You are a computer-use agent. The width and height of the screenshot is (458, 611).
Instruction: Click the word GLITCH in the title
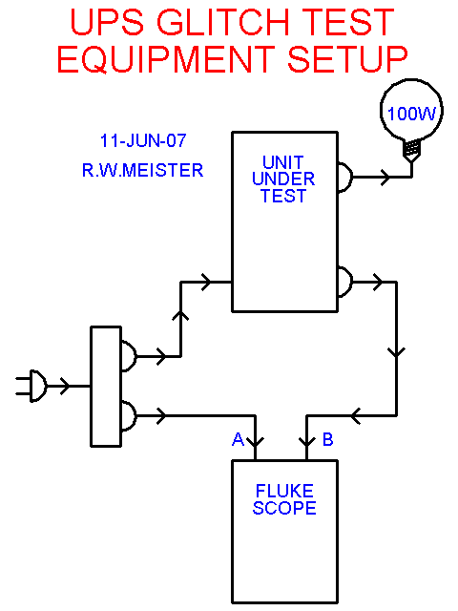coord(223,22)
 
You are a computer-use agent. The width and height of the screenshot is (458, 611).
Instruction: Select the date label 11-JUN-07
coord(143,140)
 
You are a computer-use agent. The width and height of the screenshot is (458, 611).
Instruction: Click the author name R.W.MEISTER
coord(142,170)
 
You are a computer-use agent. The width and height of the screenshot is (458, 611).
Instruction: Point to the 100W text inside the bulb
coord(411,114)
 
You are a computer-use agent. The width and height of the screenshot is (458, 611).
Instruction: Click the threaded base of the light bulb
coord(411,150)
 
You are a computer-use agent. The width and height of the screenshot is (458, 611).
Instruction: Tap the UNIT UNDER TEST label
coord(283,179)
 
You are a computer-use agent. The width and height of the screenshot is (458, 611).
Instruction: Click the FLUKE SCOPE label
coord(284,499)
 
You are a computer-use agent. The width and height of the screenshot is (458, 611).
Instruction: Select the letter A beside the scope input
coord(238,439)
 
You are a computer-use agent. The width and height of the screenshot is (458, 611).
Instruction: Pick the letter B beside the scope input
coord(328,439)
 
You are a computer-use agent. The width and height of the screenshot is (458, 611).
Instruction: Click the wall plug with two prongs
coord(31,386)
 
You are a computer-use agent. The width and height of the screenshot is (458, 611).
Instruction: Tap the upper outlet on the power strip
coord(129,356)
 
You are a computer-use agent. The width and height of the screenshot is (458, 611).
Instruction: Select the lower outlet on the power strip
coord(129,416)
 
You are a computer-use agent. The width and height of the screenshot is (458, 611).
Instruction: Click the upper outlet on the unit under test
coord(345,178)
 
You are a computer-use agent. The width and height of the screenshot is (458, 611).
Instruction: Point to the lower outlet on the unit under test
coord(345,282)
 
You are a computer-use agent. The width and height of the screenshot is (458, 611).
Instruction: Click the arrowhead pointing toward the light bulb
coord(385,178)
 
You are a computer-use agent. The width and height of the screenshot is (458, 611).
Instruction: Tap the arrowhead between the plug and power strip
coord(65,386)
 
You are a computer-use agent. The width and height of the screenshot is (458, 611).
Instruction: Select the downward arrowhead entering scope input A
coord(256,443)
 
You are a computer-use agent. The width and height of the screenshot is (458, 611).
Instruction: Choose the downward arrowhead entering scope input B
coord(307,443)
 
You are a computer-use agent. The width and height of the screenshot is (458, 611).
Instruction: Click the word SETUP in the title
coord(347,59)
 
